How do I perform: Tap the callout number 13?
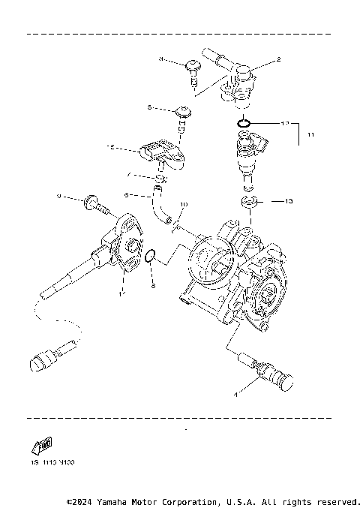(290, 201)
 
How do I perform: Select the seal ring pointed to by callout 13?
(250, 201)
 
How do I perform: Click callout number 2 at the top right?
(278, 59)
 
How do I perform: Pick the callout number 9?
(58, 197)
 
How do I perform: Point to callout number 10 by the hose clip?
(184, 204)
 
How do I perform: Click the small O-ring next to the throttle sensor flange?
(150, 257)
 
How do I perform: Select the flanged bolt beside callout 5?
(182, 114)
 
